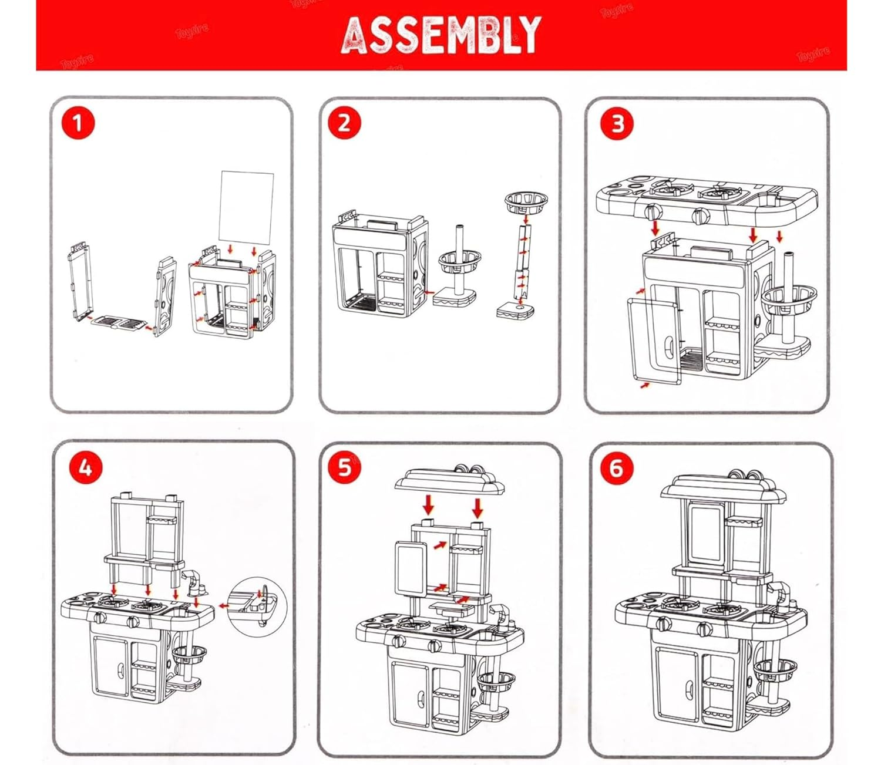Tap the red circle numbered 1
click(78, 124)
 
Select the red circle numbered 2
click(344, 123)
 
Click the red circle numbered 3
click(617, 124)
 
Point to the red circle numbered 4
click(85, 468)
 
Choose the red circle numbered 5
click(344, 467)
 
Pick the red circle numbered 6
click(616, 468)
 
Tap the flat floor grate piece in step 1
click(117, 323)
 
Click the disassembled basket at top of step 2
click(526, 203)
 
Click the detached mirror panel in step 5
click(411, 567)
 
